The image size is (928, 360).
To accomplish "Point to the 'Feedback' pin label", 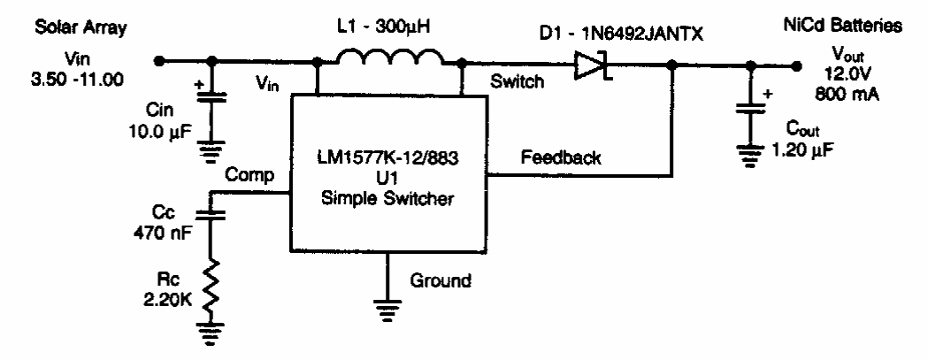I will (560, 159).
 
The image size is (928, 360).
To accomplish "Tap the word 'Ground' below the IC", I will (440, 283).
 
